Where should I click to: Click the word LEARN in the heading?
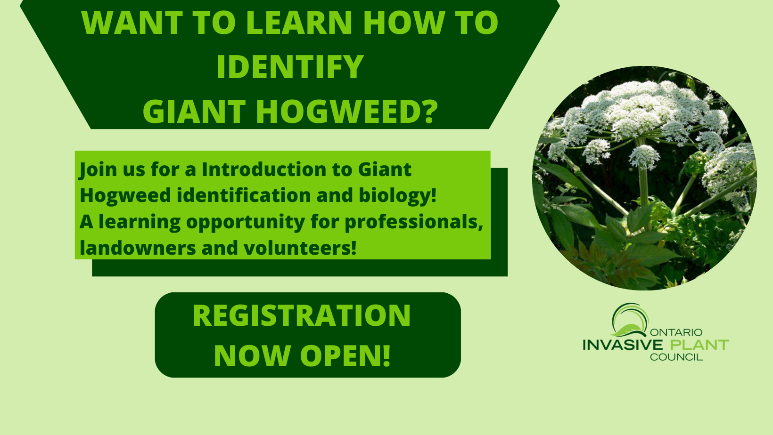(299, 23)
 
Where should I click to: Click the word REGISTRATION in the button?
(302, 315)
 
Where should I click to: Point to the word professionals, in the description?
(414, 222)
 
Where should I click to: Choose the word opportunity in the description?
(246, 222)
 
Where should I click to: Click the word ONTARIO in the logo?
(676, 332)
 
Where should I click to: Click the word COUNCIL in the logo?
(676, 357)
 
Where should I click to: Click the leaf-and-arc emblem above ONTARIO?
(630, 320)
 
